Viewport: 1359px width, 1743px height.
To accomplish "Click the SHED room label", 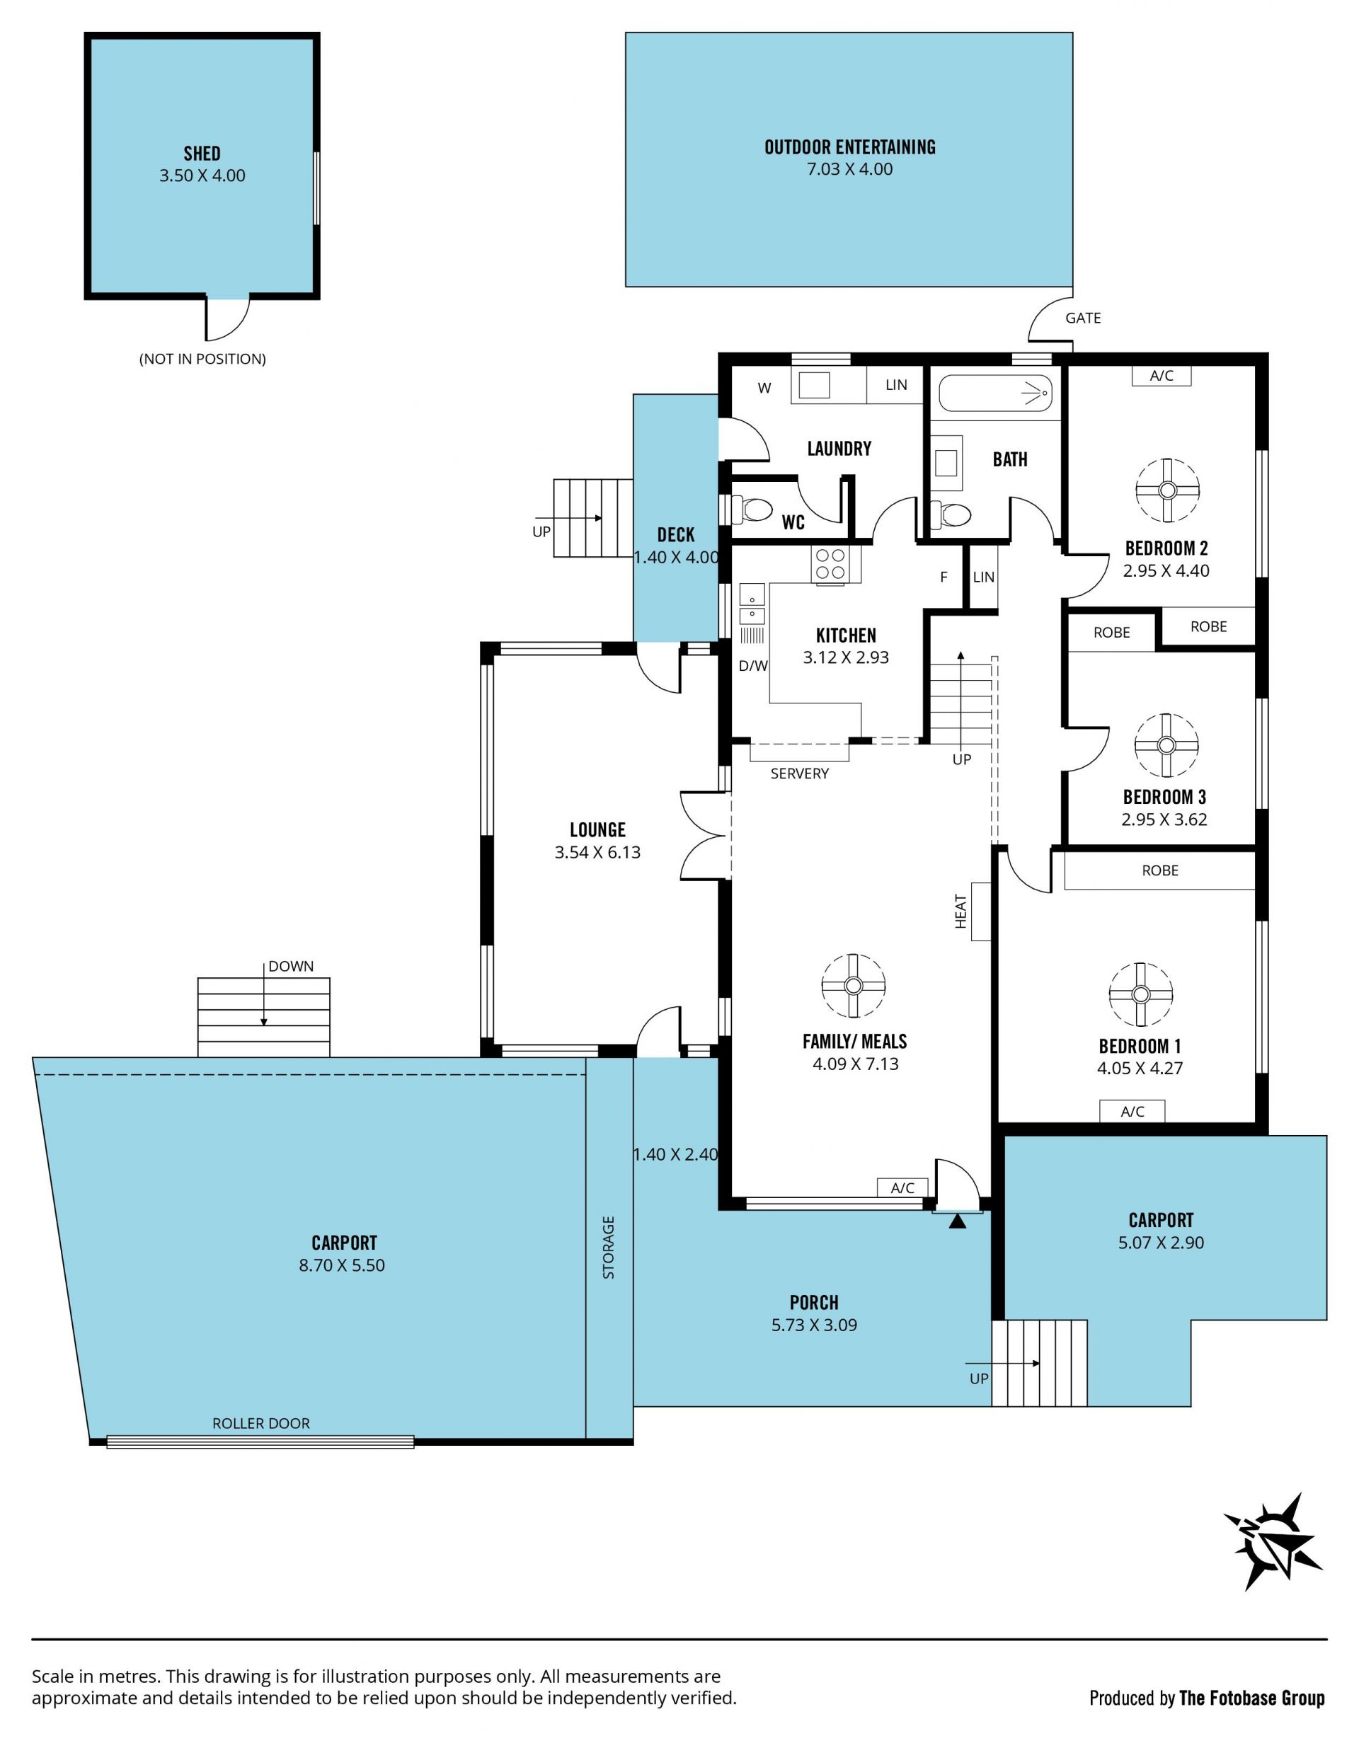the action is pos(202,154).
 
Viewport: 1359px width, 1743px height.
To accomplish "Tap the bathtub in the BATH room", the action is pos(995,393).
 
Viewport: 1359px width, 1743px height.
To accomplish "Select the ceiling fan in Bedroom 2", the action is pos(1167,490).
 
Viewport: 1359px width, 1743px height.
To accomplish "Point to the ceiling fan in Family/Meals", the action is pos(854,986).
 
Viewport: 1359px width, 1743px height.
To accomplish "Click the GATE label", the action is pos(1083,318).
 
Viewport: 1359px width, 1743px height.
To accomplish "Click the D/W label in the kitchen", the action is pos(752,666).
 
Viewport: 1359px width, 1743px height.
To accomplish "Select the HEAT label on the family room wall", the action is pos(961,911).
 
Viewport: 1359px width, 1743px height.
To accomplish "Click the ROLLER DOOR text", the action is pos(261,1423).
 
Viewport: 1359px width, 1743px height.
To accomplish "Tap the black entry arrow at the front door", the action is pos(958,1220).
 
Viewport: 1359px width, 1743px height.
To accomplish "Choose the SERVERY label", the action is pos(800,773).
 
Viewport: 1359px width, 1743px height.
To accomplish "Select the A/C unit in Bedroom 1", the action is pos(1132,1111).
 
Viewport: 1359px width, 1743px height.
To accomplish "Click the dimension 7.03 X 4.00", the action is pos(850,169).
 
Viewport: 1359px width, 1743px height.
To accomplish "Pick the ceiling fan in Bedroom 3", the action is pos(1166,744).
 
